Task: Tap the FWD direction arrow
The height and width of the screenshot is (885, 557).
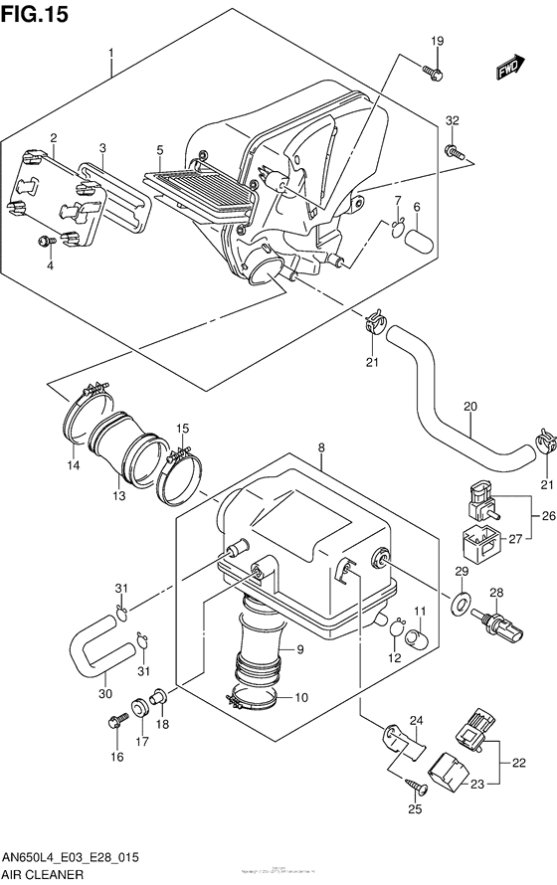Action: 510,67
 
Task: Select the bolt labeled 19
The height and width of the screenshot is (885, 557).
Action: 432,72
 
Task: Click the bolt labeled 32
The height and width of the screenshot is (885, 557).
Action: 454,152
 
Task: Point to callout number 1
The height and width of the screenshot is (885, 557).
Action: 111,52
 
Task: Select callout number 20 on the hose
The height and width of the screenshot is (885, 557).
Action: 470,407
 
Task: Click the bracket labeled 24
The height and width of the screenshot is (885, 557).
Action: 405,739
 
